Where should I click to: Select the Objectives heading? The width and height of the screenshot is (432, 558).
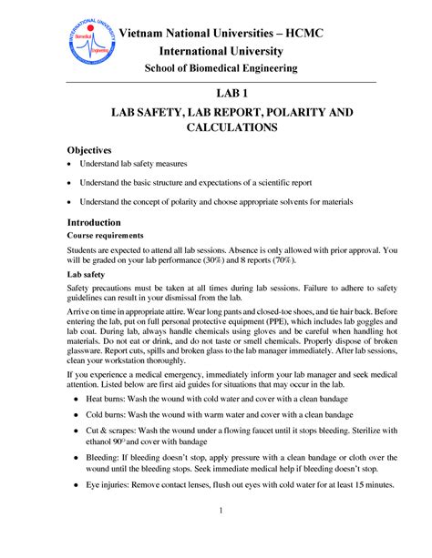89,149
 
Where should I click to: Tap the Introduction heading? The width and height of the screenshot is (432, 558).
94,223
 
